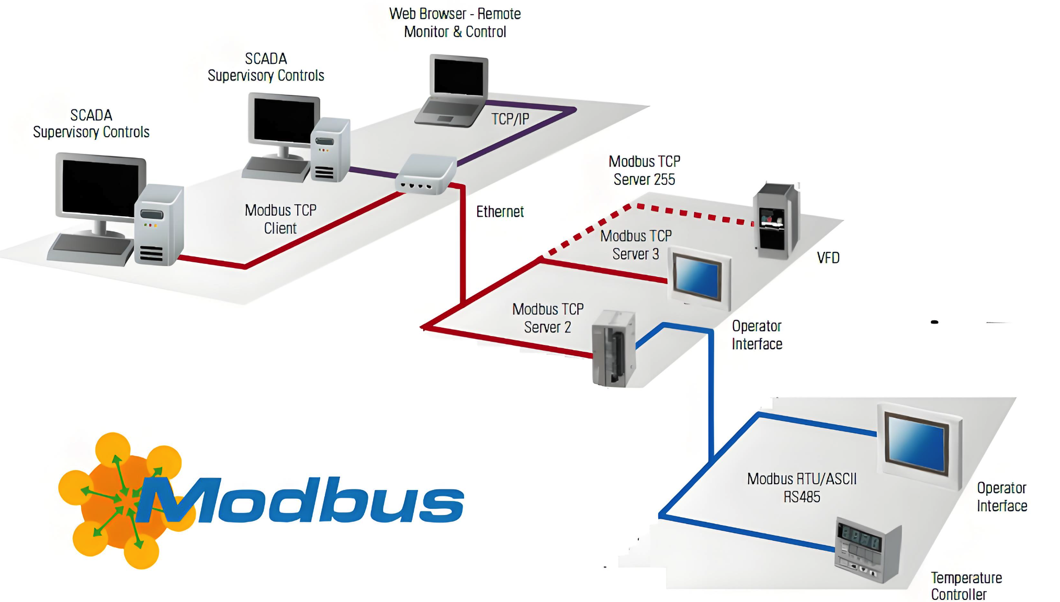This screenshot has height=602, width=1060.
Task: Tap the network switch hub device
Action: click(x=425, y=174)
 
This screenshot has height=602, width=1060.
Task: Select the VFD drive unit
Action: click(x=775, y=221)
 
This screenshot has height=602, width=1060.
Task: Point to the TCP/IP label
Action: click(x=510, y=119)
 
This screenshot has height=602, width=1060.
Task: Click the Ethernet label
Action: click(x=500, y=211)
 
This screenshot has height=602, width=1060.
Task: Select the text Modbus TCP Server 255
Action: click(x=644, y=170)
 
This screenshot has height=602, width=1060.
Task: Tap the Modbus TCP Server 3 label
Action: click(x=636, y=245)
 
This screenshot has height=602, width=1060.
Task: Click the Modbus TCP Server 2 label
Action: click(x=548, y=318)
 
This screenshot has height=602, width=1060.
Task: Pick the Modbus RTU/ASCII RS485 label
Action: click(x=802, y=487)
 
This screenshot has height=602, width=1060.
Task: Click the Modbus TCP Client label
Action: click(x=280, y=219)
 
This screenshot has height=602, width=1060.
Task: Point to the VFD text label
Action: click(x=828, y=258)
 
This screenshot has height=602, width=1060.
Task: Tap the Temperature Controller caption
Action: click(x=966, y=586)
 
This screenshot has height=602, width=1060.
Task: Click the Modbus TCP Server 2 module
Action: click(x=613, y=349)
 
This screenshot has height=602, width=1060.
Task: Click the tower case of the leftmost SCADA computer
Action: click(x=158, y=225)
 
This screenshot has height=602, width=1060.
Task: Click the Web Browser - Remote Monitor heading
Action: click(x=455, y=23)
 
